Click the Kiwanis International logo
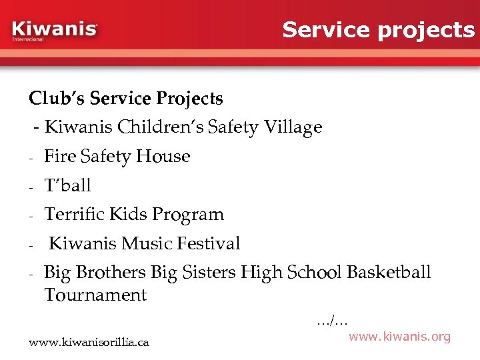click(55, 31)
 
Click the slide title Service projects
click(378, 29)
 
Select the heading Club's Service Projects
click(126, 99)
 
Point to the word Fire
click(59, 156)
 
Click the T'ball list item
click(67, 185)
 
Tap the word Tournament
click(95, 295)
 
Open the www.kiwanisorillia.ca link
click(89, 343)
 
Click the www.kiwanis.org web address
click(399, 337)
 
